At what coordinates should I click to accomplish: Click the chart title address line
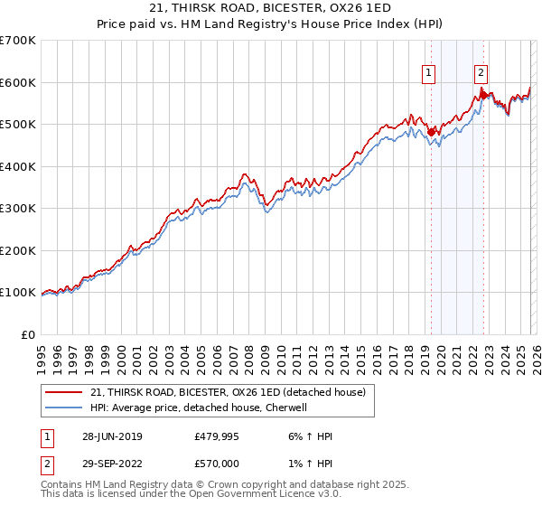[x=271, y=9]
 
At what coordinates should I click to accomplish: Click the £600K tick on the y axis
[x=18, y=82]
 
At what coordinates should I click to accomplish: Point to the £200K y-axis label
[x=18, y=250]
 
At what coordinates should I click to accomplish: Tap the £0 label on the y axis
[x=29, y=334]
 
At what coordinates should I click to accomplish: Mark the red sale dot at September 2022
[x=483, y=94]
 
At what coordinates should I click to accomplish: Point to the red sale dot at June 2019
[x=431, y=132]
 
